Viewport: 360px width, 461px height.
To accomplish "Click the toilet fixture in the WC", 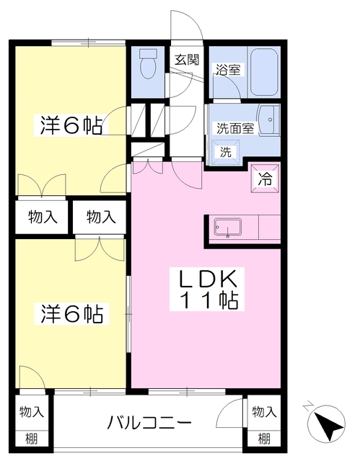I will pyautogui.click(x=148, y=64).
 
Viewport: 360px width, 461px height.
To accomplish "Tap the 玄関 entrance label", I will pyautogui.click(x=185, y=60).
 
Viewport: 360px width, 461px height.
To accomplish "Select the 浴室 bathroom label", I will pyautogui.click(x=229, y=70).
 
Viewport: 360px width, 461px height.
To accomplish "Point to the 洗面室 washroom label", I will pyautogui.click(x=235, y=129).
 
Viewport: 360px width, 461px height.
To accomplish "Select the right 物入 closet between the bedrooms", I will pyautogui.click(x=100, y=216).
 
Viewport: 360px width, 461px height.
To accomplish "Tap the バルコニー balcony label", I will pyautogui.click(x=150, y=421).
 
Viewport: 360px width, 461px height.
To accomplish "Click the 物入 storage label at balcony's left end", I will pyautogui.click(x=31, y=412).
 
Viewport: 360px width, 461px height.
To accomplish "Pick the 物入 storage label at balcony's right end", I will pyautogui.click(x=264, y=412).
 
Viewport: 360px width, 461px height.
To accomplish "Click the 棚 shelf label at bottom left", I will pyautogui.click(x=31, y=437).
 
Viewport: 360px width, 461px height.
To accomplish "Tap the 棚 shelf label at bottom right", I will pyautogui.click(x=264, y=437).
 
